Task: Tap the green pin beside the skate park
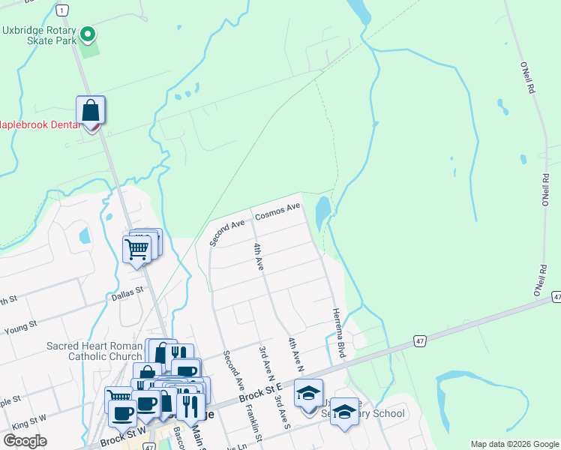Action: point(88,34)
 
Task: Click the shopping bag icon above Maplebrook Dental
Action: point(90,111)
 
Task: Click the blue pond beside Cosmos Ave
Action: point(322,213)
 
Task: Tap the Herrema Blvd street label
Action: point(338,332)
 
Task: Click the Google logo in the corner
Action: point(25,441)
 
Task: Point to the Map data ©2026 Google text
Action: point(514,444)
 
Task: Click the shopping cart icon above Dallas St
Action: point(137,247)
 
